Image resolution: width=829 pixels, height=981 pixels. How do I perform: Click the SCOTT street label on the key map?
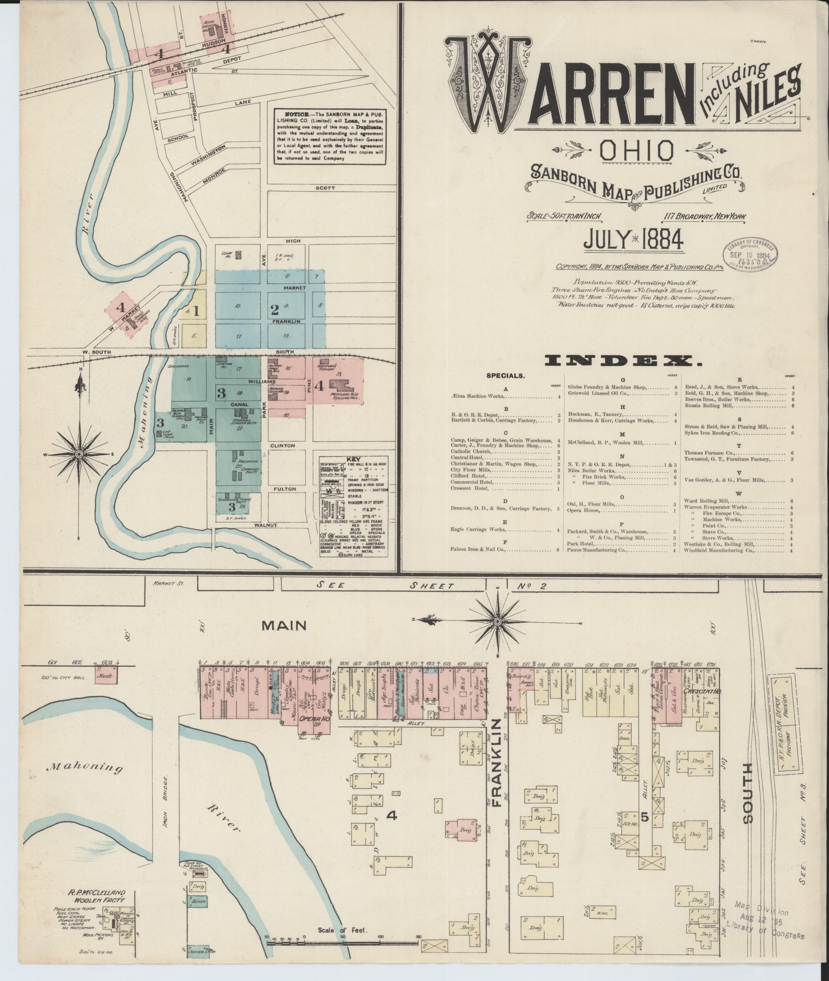(x=325, y=188)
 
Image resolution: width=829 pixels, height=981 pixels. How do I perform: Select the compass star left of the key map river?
(x=79, y=454)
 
